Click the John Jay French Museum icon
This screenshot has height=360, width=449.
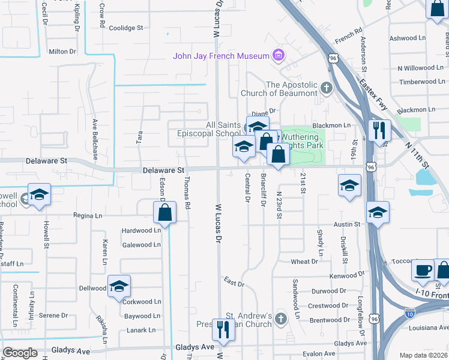pyautogui.click(x=277, y=56)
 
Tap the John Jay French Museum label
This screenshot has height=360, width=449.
pyautogui.click(x=221, y=56)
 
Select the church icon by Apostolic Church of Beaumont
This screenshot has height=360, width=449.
pyautogui.click(x=326, y=89)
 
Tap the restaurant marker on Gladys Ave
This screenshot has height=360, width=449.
pyautogui.click(x=224, y=330)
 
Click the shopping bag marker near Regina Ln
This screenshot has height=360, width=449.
pyautogui.click(x=164, y=212)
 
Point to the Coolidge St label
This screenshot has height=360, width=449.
pyautogui.click(x=126, y=28)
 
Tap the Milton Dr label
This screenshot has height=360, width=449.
pyautogui.click(x=62, y=52)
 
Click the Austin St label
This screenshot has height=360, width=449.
pyautogui.click(x=346, y=224)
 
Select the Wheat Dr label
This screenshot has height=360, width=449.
pyautogui.click(x=304, y=262)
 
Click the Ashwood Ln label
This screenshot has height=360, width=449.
pyautogui.click(x=407, y=38)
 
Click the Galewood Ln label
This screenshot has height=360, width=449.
pyautogui.click(x=142, y=245)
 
